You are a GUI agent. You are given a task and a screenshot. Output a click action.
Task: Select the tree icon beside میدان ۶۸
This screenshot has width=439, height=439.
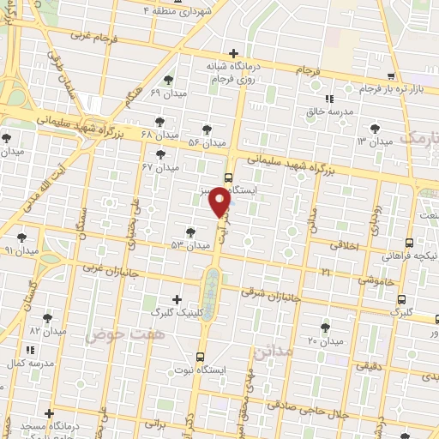pos(159,121)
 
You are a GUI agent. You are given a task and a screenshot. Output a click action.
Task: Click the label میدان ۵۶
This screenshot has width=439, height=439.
pos(206,141)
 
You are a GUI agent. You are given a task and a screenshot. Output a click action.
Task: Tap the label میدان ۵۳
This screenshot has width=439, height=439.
pos(190,245)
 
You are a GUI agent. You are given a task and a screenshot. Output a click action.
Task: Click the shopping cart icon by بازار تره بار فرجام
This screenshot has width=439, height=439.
pos(391,75)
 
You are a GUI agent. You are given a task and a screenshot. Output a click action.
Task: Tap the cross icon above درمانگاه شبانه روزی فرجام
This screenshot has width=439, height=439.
pos(233,53)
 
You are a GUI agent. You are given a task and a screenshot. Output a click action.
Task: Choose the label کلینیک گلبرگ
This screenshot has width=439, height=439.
pos(177,313)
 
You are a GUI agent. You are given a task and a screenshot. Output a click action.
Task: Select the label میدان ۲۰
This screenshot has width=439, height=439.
pos(325,340)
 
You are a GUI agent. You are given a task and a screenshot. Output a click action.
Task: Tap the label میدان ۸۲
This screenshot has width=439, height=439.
pos(47,330)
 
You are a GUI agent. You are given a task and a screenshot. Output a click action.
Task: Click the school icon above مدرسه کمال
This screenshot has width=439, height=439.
pos(30,350)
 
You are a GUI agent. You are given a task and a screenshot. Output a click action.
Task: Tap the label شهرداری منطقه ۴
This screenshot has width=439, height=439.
pos(183,11)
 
